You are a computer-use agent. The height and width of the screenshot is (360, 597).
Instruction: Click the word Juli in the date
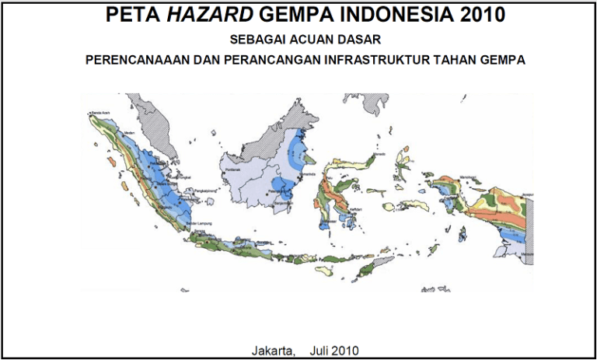321,350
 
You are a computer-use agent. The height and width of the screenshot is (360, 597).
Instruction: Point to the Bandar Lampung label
200,224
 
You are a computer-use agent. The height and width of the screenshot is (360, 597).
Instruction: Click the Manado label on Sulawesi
380,155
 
